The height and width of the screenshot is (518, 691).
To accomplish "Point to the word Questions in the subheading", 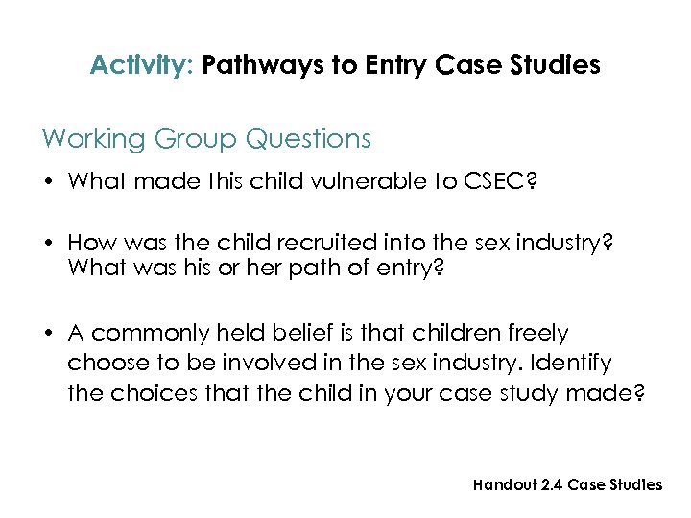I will coord(308,139).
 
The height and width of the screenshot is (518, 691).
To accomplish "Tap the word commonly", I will coord(151,334).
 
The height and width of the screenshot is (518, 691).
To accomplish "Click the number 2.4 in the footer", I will coord(553,484).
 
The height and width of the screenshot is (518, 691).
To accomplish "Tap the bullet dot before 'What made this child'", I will coord(48,182).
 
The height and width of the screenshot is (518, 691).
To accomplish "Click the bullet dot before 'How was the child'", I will coord(48,244).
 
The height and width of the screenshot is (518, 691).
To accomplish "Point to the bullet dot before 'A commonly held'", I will coord(48,334).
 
